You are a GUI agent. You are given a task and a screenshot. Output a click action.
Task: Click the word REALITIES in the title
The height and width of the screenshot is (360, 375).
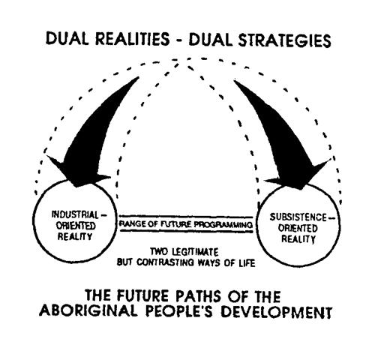pyautogui.click(x=133, y=39)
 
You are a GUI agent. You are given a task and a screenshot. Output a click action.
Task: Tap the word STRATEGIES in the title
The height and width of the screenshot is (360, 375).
pyautogui.click(x=285, y=40)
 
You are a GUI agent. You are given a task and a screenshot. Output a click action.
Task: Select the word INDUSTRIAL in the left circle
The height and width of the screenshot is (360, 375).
pyautogui.click(x=75, y=214)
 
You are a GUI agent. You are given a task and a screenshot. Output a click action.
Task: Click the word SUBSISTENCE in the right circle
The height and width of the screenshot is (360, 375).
pyautogui.click(x=298, y=217)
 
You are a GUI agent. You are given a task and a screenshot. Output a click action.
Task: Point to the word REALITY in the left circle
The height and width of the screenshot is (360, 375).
pyautogui.click(x=75, y=236)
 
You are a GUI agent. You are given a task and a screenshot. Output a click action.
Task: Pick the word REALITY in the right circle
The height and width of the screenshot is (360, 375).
pyautogui.click(x=298, y=238)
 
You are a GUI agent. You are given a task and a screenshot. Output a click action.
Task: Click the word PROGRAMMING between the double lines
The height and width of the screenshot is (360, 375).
pyautogui.click(x=223, y=225)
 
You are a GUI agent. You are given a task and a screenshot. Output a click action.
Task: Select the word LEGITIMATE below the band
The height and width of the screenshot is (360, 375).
pyautogui.click(x=195, y=252)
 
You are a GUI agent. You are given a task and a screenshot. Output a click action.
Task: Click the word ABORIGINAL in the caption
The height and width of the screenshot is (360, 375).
pyautogui.click(x=88, y=310)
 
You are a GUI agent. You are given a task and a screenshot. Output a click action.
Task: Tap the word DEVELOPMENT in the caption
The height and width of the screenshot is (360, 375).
pyautogui.click(x=277, y=311)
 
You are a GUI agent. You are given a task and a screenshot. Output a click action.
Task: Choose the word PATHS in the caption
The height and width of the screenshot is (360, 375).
pyautogui.click(x=199, y=296)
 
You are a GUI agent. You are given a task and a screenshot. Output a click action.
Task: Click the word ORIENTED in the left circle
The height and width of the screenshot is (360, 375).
pyautogui.click(x=76, y=226)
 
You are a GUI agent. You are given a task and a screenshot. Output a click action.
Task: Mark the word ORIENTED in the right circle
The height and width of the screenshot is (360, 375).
pyautogui.click(x=298, y=228)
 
